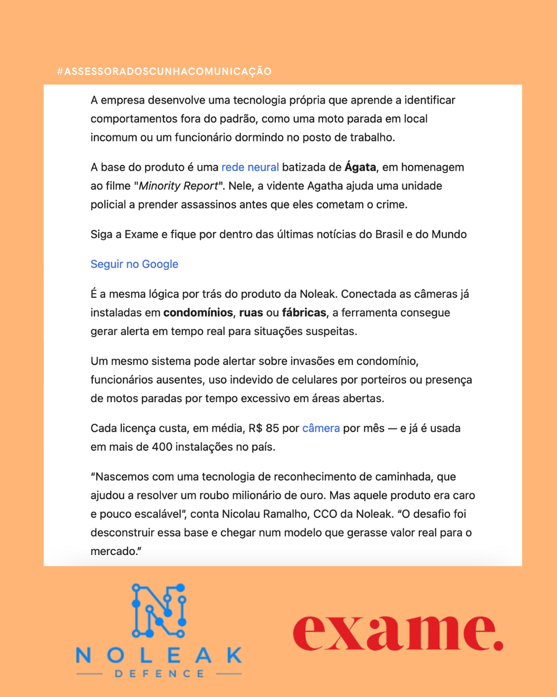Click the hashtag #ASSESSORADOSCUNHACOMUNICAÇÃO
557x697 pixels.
[164, 71]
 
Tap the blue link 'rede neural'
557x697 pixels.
[250, 167]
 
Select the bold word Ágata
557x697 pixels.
[360, 167]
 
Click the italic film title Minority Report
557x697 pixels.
[178, 186]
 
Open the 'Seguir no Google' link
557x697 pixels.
[134, 264]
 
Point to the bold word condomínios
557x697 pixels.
[198, 313]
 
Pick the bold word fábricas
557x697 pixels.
[304, 313]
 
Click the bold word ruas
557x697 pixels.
[251, 313]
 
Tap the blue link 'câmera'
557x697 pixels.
[321, 429]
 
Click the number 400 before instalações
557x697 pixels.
[162, 447]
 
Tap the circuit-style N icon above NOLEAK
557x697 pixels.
[159, 610]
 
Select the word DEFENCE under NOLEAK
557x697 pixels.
[159, 674]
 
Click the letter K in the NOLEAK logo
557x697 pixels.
[234, 655]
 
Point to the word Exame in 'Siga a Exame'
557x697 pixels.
[141, 234]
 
